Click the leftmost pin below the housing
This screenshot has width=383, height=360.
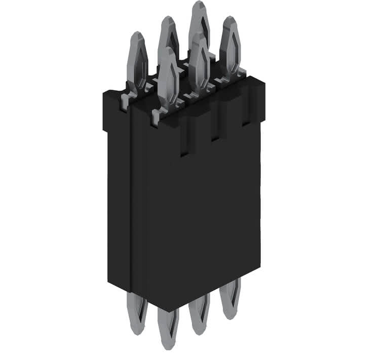pos(137,314)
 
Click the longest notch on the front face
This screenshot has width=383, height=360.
pos(184,137)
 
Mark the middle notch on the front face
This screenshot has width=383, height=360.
pos(215,127)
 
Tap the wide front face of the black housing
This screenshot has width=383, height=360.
pos(203,218)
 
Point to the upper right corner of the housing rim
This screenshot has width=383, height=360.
pos(263,80)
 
